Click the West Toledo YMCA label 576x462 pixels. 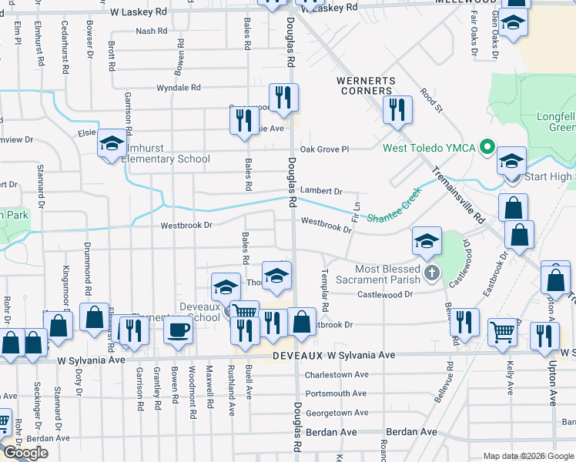tap(430, 148)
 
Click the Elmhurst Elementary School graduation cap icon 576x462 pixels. tap(112, 143)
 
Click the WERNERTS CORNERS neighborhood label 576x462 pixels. tap(366, 85)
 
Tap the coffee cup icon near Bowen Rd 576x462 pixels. tap(178, 330)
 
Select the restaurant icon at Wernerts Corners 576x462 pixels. tap(397, 109)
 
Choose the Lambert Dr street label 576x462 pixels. tap(320, 190)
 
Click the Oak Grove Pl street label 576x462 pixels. tap(324, 149)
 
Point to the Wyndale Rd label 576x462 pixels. tap(179, 89)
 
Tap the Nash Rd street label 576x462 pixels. tap(151, 32)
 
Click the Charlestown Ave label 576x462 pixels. tap(336, 375)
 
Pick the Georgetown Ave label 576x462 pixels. tap(336, 413)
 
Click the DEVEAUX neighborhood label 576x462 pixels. tap(296, 356)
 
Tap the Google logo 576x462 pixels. tap(25, 453)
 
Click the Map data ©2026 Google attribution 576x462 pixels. tap(528, 456)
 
